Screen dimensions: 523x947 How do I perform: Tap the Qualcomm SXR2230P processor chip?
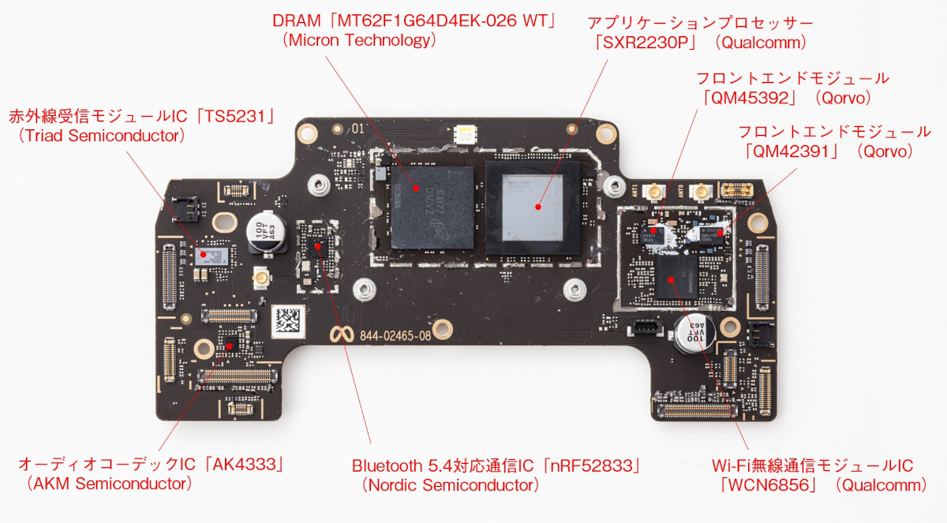537,207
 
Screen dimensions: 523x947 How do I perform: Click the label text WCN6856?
765,485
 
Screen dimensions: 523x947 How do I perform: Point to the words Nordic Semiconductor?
450,485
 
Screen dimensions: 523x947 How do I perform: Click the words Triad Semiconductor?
101,136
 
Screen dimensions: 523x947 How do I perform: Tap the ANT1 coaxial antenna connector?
654,192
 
